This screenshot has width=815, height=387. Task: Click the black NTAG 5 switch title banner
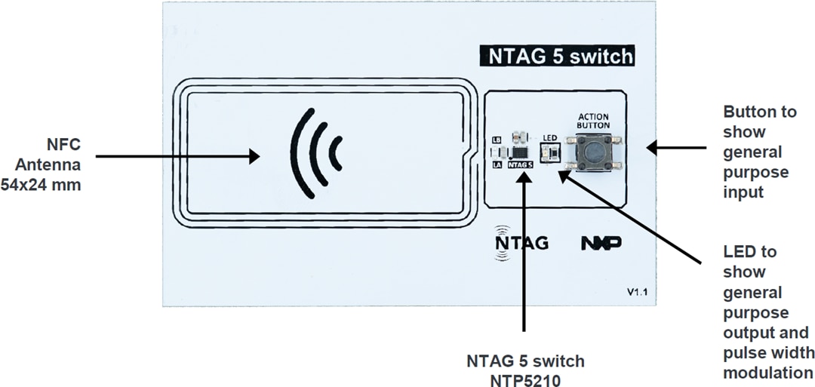pyautogui.click(x=557, y=57)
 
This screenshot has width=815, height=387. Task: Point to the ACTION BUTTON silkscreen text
pyautogui.click(x=593, y=121)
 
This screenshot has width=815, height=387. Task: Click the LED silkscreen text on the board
pyautogui.click(x=550, y=138)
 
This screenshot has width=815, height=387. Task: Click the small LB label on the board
pyautogui.click(x=496, y=140)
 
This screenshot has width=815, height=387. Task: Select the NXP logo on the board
pyautogui.click(x=601, y=243)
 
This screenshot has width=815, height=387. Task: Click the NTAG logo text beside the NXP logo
pyautogui.click(x=521, y=243)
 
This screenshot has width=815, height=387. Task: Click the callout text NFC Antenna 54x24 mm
pyautogui.click(x=48, y=164)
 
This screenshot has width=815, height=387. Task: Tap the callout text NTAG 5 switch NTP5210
pyautogui.click(x=524, y=369)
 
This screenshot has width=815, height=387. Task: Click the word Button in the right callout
pyautogui.click(x=759, y=112)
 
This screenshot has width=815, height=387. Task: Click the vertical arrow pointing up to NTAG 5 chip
pyautogui.click(x=523, y=256)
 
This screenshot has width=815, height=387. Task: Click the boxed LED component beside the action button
pyautogui.click(x=551, y=154)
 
